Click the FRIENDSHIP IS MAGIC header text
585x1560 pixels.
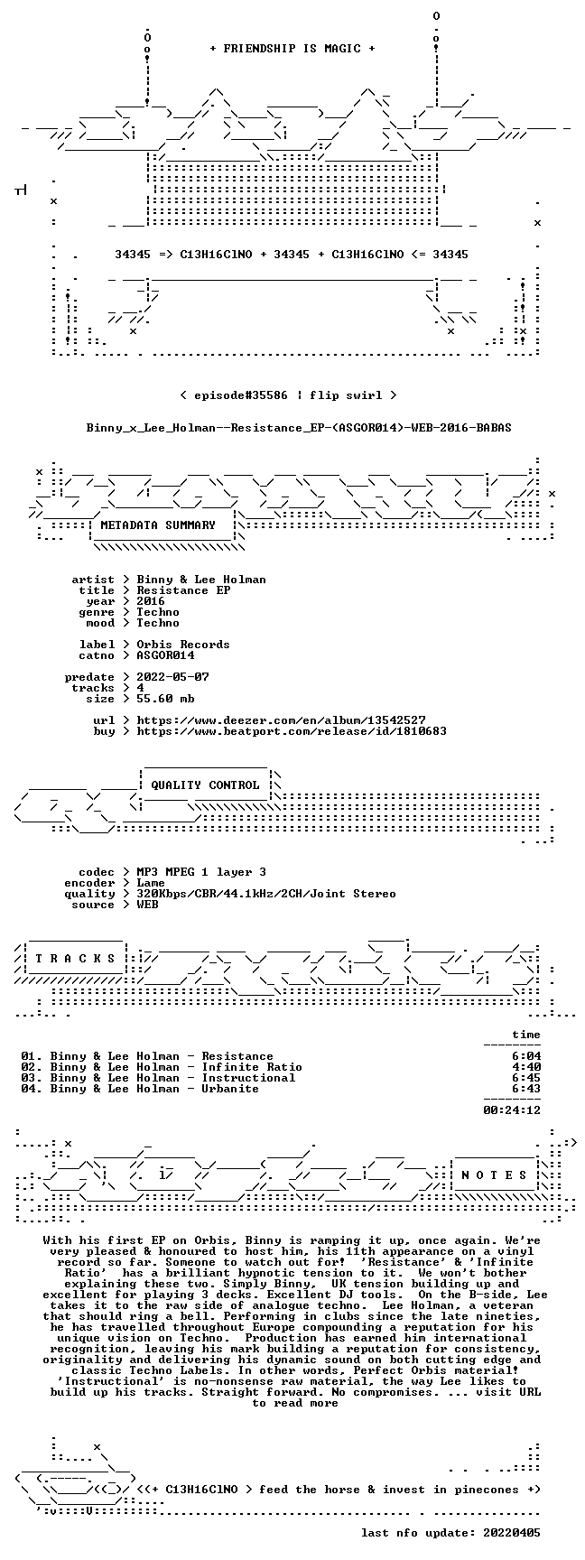[292, 49]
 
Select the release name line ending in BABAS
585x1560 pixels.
[299, 427]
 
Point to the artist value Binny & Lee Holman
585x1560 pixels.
[201, 580]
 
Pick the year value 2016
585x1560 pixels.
[151, 601]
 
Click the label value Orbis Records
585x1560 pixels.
[183, 645]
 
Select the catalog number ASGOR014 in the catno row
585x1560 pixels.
[165, 655]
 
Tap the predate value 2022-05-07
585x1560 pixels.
[172, 677]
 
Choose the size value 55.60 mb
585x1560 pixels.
[165, 699]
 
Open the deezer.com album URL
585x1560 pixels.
[281, 720]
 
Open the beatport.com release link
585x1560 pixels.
[292, 731]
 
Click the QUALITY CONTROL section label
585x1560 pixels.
[205, 785]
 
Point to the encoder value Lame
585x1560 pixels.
[151, 883]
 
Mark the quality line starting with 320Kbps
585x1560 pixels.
[266, 894]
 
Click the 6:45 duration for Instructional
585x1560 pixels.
[526, 1078]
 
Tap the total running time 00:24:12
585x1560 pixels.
[512, 1110]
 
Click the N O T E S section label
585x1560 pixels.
[494, 1175]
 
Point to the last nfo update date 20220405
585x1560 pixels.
[512, 1533]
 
